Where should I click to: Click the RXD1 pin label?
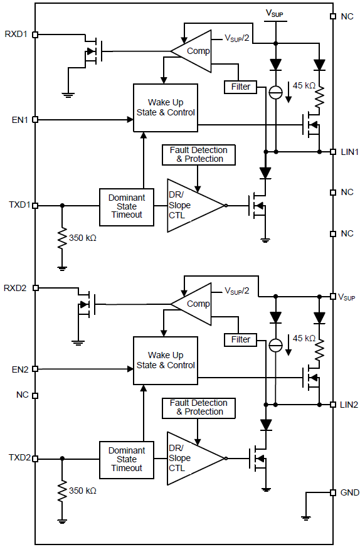click(16, 35)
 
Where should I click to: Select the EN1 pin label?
click(18, 119)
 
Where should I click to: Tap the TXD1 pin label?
click(18, 205)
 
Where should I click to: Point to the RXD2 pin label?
click(16, 287)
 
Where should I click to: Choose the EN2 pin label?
click(18, 369)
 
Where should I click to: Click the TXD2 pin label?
click(18, 458)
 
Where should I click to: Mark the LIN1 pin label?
click(348, 152)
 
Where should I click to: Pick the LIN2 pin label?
click(348, 405)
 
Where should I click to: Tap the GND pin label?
click(349, 493)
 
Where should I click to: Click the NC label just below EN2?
click(22, 395)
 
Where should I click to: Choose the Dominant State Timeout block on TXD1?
click(127, 206)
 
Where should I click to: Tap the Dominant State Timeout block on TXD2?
click(127, 459)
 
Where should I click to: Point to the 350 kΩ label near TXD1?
click(83, 238)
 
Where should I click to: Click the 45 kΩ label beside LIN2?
click(304, 338)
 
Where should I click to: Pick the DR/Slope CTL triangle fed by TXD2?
click(191, 458)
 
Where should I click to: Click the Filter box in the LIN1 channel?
click(241, 87)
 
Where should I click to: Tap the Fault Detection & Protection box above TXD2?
click(199, 407)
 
